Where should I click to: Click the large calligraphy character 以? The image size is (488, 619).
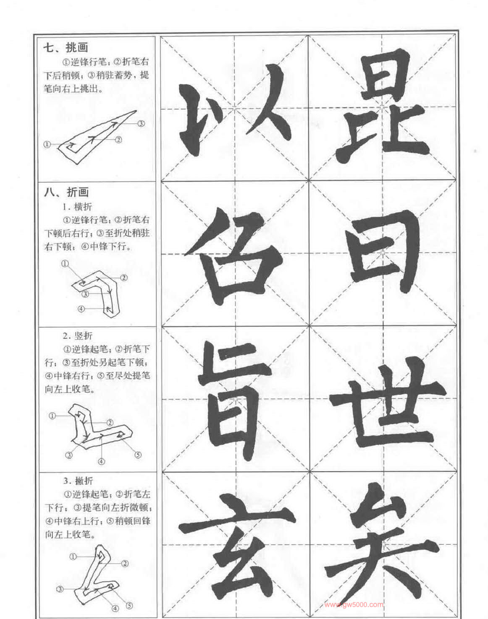pyautogui.click(x=235, y=111)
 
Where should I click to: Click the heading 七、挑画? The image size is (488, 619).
pyautogui.click(x=66, y=47)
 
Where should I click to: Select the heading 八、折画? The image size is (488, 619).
pyautogui.click(x=66, y=192)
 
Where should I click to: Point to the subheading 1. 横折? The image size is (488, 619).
pyautogui.click(x=78, y=206)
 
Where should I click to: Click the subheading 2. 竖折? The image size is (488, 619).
pyautogui.click(x=78, y=336)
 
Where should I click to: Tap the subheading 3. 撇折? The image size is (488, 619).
pyautogui.click(x=79, y=481)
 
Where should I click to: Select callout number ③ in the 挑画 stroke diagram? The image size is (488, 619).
pyautogui.click(x=141, y=124)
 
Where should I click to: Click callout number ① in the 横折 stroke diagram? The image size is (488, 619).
pyautogui.click(x=65, y=263)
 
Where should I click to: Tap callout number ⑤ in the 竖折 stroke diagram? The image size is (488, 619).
pyautogui.click(x=138, y=455)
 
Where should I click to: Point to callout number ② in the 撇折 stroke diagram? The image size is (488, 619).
pyautogui.click(x=125, y=562)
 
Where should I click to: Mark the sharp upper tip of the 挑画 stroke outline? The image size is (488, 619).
pyautogui.click(x=136, y=111)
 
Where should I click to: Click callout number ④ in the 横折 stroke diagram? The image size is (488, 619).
pyautogui.click(x=81, y=309)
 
